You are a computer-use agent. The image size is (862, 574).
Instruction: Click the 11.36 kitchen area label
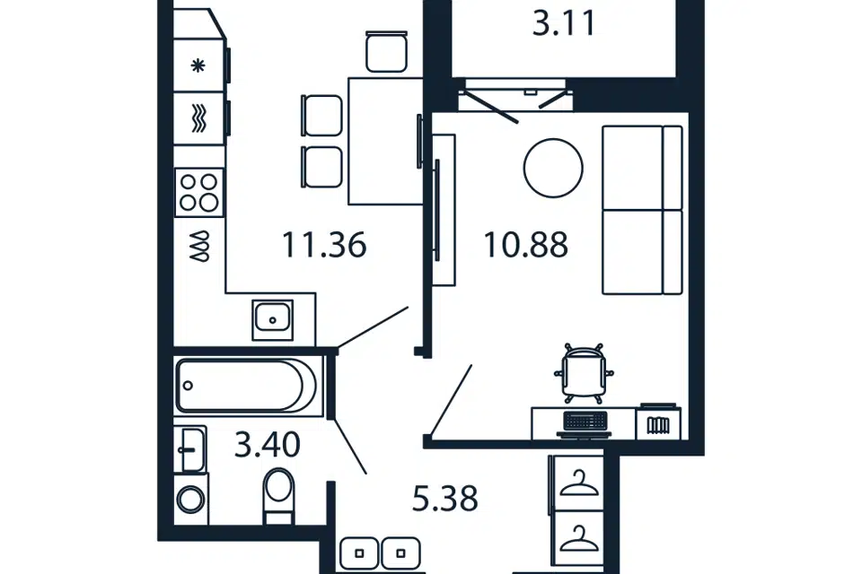(x=324, y=245)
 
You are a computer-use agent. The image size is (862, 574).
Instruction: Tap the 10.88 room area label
(x=525, y=245)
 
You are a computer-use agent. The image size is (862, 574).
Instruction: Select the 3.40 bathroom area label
(x=268, y=444)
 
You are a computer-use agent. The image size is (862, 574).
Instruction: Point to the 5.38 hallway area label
(x=444, y=499)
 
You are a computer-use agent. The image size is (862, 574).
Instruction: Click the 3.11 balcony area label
(x=564, y=23)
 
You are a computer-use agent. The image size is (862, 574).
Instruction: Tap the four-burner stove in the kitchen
(x=199, y=193)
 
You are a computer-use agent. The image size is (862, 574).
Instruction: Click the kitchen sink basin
(x=273, y=319)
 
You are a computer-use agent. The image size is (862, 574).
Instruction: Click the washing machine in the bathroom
(x=191, y=500)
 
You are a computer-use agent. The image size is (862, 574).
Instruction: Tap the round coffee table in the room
(x=553, y=168)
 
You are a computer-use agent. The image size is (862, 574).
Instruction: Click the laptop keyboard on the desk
(x=585, y=421)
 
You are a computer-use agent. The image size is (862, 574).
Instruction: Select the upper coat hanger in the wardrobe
(x=578, y=483)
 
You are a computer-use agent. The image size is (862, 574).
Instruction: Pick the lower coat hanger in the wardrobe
(x=578, y=538)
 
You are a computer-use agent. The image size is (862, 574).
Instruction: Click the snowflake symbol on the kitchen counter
(x=198, y=65)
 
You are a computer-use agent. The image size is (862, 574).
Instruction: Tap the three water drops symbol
(x=199, y=246)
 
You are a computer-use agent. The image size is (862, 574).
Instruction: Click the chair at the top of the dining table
(x=386, y=52)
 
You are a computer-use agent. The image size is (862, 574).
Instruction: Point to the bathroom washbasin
(x=190, y=449)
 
